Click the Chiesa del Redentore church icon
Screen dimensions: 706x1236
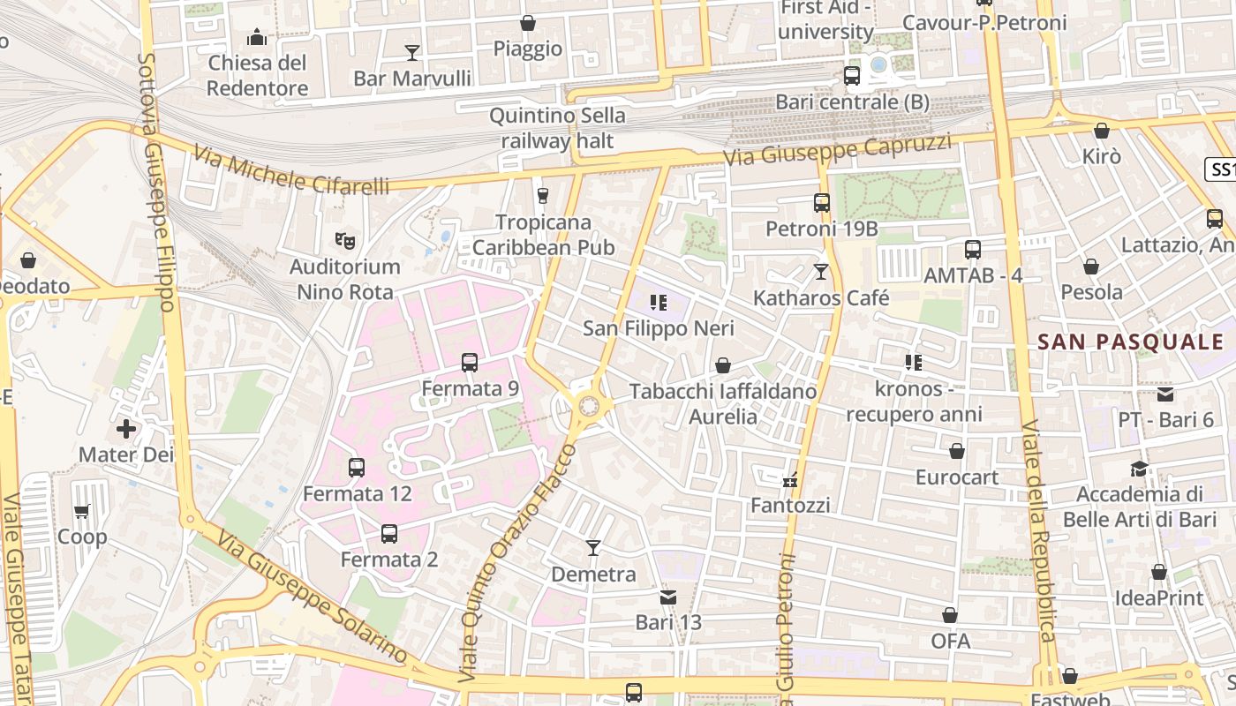coord(257,37)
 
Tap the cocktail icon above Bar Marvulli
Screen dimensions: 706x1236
coord(411,53)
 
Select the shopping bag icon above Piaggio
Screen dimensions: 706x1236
coord(527,23)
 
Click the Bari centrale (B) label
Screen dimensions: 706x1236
coord(852,102)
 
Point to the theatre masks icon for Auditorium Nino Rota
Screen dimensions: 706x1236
coord(345,240)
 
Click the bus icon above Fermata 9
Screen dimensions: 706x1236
coord(470,362)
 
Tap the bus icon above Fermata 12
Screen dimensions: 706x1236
coord(357,467)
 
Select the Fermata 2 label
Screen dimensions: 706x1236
coord(388,560)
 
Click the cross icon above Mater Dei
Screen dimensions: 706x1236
coord(126,429)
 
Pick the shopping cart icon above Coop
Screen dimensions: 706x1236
coord(82,511)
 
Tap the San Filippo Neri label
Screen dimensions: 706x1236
coord(658,328)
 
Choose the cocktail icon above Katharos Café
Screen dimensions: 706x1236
coord(821,272)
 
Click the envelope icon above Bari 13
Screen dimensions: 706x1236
coord(668,597)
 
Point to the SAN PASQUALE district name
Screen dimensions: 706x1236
coord(1130,342)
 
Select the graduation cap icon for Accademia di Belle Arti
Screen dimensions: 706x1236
coord(1139,469)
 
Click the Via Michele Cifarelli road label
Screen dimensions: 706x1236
coord(290,173)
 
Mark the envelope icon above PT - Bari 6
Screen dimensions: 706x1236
coord(1165,394)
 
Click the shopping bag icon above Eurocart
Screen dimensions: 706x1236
coord(956,452)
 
